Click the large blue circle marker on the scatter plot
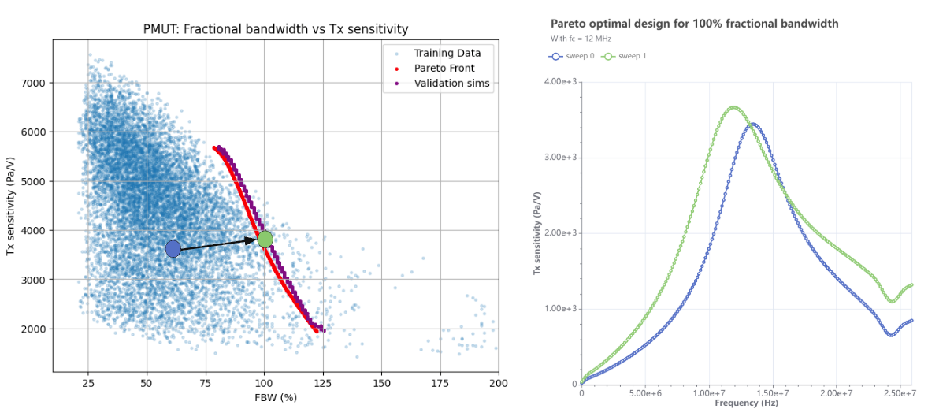[173, 249]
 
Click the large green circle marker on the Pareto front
[265, 239]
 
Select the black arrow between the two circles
[219, 244]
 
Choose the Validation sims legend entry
[451, 84]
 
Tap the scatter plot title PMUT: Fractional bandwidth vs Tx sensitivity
[276, 29]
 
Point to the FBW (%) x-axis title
[275, 397]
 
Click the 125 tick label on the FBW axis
[323, 383]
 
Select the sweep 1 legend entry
[622, 56]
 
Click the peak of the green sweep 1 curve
[733, 107]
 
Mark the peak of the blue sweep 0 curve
[753, 124]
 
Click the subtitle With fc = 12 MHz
[581, 38]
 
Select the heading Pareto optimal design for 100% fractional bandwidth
[694, 24]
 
